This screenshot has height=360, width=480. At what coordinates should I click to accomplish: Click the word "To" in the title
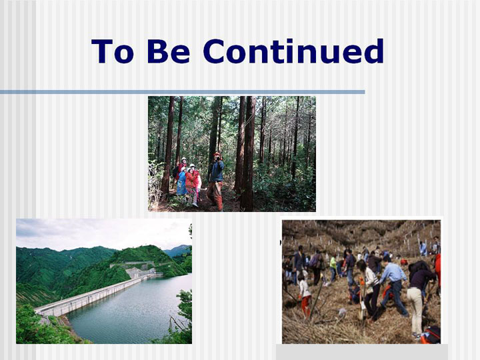[113, 51]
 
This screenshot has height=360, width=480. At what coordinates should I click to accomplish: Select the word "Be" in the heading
[169, 51]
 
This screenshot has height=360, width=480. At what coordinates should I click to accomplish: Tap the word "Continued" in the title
[293, 51]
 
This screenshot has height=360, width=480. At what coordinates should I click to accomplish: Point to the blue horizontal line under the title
[183, 92]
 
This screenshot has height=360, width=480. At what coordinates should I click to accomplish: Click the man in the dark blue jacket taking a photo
[216, 181]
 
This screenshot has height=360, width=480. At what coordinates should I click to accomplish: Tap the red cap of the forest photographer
[217, 154]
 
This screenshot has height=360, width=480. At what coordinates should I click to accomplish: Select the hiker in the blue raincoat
[181, 182]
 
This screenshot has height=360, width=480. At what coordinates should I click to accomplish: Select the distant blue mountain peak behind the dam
[179, 250]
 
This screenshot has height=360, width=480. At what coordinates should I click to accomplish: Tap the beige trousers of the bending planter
[416, 309]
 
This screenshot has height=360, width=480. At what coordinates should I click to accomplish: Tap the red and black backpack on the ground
[431, 335]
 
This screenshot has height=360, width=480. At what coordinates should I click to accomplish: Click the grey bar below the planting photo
[362, 352]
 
